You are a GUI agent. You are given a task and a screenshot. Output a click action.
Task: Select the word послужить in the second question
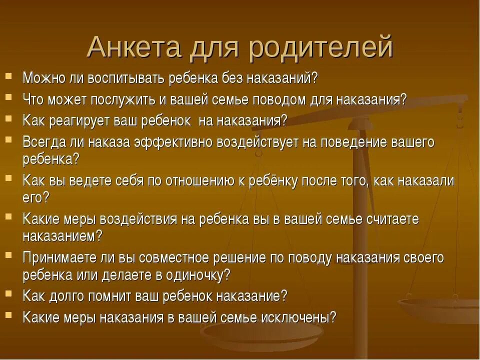123,99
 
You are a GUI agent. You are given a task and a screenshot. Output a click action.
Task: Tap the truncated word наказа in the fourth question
109,142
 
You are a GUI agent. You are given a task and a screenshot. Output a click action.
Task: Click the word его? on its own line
36,197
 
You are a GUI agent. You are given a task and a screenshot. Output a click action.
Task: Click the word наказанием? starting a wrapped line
62,235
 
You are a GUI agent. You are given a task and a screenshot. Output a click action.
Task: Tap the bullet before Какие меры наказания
9,315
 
